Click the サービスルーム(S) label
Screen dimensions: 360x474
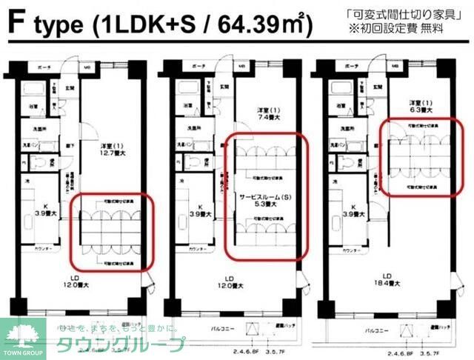263,199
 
